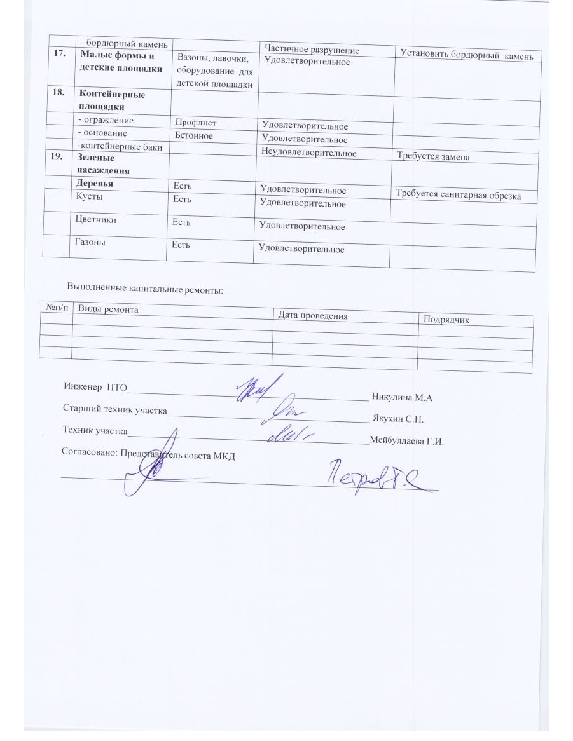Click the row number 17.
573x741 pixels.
click(x=58, y=55)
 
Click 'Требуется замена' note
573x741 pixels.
click(x=433, y=157)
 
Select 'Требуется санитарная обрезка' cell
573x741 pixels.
click(x=458, y=194)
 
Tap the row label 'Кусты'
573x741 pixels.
click(x=90, y=197)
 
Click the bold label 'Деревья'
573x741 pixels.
click(x=95, y=183)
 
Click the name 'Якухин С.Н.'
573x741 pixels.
click(x=399, y=419)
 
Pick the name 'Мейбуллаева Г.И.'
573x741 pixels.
click(x=406, y=441)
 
